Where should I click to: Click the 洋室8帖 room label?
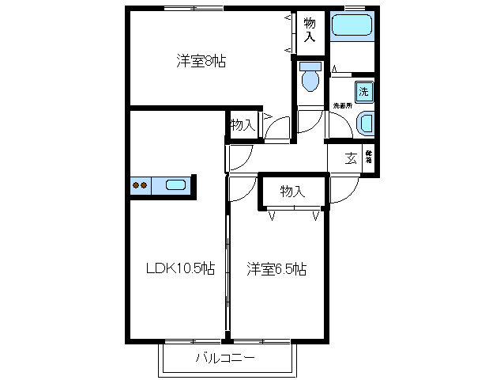click(201, 61)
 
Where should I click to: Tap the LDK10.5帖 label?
click(179, 268)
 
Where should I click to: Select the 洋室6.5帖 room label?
click(276, 268)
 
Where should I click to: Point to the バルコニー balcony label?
click(225, 359)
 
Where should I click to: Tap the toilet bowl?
click(309, 81)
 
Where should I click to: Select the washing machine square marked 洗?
click(363, 90)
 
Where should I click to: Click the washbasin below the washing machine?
click(366, 123)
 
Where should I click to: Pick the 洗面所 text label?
click(342, 104)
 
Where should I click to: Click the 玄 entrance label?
click(350, 157)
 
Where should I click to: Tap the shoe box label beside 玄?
click(368, 157)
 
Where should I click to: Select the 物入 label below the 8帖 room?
click(242, 124)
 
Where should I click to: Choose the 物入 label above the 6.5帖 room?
click(292, 191)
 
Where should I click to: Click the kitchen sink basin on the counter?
click(176, 186)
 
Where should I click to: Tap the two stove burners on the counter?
click(140, 186)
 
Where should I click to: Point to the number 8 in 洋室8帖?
click(208, 61)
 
